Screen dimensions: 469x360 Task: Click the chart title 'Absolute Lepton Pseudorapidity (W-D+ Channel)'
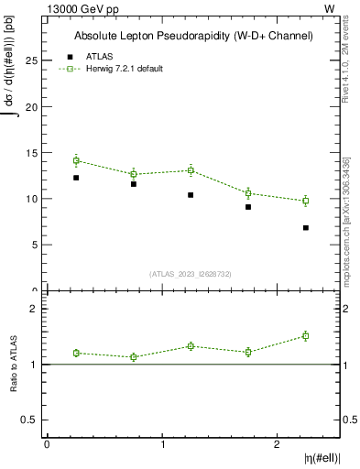click(193, 36)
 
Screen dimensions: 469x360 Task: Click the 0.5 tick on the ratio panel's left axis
click(31, 420)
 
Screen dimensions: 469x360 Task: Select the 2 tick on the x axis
click(277, 444)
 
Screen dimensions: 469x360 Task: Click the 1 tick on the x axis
click(162, 444)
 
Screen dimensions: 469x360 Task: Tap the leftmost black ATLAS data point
click(76, 178)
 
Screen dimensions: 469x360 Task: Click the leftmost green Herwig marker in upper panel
click(76, 160)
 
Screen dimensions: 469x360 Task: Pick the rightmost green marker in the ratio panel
click(306, 336)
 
